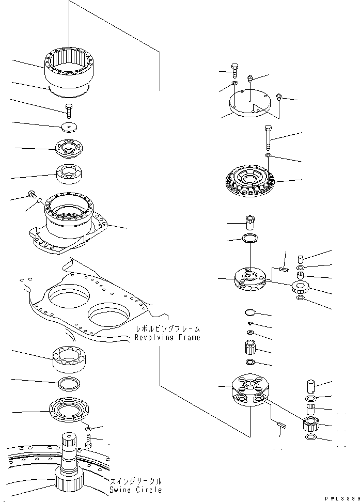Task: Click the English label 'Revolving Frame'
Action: tap(167, 337)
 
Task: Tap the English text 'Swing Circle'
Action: tap(135, 489)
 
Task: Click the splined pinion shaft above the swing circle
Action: tap(69, 454)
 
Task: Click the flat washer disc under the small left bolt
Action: tap(69, 127)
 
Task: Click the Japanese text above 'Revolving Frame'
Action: tap(167, 328)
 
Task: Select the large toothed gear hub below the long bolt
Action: tap(251, 181)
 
